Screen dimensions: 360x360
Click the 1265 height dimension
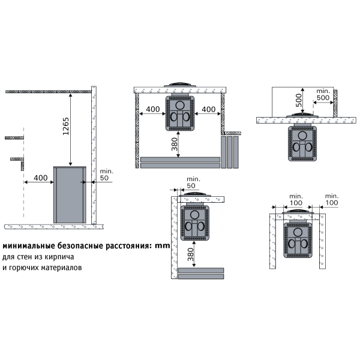tap(66, 126)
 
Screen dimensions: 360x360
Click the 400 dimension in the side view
tap(41, 178)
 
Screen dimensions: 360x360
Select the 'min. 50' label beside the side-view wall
tap(106, 175)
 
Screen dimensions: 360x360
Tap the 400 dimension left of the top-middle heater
tap(152, 109)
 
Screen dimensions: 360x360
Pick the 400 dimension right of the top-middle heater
tap(208, 109)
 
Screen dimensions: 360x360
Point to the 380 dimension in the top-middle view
tap(175, 144)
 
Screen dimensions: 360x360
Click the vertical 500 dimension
tap(299, 100)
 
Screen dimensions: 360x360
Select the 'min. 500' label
tap(323, 94)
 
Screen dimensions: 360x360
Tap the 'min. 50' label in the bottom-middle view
tap(193, 182)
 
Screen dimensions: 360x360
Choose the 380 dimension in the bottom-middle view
tap(191, 254)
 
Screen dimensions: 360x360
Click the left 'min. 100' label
tap(296, 200)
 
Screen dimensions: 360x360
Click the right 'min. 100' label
tap(332, 199)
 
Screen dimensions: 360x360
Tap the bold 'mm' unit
tap(163, 246)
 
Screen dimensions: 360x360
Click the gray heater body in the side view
tap(70, 194)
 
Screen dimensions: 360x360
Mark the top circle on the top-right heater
tap(302, 136)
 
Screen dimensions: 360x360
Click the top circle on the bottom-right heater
tap(298, 232)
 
